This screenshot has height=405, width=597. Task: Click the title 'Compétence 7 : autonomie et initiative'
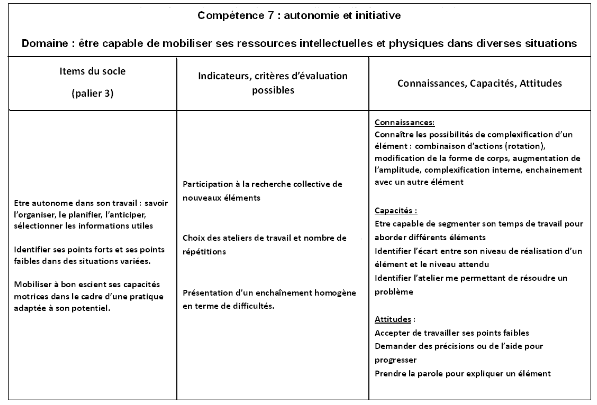[x=298, y=17]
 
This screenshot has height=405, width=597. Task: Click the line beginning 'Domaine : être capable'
[x=298, y=44]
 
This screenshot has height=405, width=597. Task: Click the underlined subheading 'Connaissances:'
[x=402, y=121]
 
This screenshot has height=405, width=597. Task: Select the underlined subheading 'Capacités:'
[x=393, y=212]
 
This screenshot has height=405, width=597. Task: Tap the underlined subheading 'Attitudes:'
[x=393, y=317]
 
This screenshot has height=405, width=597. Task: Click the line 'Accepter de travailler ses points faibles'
[x=451, y=332]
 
